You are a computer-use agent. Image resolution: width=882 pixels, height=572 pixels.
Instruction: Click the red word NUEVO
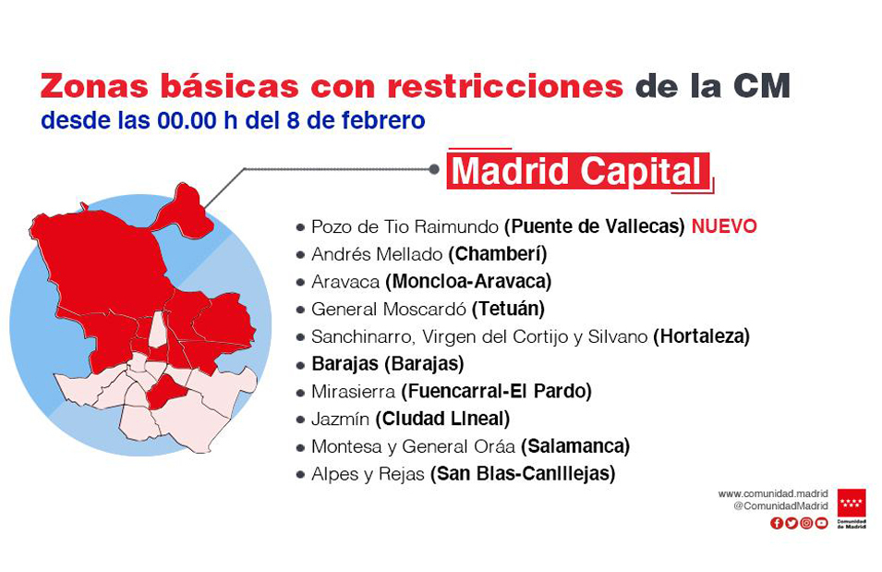point(724,226)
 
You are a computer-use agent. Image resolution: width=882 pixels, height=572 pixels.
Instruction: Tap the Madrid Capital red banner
point(578,171)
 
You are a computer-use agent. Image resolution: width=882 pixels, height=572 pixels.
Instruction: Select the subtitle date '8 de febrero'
point(356,120)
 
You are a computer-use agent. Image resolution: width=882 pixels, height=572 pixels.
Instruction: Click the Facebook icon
point(776,523)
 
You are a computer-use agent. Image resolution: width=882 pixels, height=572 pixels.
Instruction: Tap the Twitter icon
point(791,523)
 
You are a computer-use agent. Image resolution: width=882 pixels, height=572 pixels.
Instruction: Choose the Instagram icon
point(806,523)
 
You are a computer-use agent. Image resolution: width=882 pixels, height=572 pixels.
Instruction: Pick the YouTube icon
point(822,523)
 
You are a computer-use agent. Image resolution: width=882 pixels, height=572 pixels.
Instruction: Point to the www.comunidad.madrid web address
point(773,493)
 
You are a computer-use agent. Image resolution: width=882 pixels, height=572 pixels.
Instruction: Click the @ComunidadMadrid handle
point(780,506)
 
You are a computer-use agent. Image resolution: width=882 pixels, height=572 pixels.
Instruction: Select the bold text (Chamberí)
point(498,254)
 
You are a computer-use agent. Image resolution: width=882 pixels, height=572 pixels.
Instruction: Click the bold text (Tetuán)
point(509,309)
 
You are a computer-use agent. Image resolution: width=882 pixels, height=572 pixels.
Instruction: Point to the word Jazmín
point(340,419)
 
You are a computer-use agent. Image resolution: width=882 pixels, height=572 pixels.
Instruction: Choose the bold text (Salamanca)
point(575,446)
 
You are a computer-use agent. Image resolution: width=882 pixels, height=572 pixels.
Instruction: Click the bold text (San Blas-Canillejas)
point(523,474)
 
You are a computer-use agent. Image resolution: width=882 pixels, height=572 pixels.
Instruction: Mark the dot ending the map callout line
point(434,169)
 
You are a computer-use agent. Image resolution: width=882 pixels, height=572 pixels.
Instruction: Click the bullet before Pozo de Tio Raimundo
point(300,227)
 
